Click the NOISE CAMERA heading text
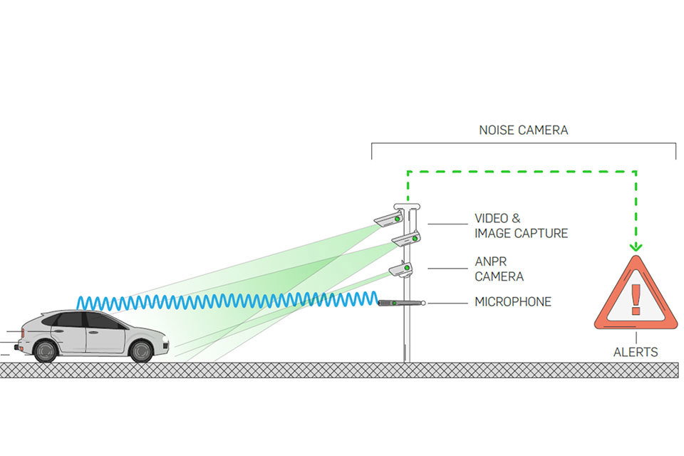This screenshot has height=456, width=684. tap(524, 130)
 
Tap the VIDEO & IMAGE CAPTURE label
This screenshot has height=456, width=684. tap(521, 226)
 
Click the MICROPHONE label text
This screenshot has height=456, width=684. tap(513, 302)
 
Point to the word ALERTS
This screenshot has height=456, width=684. tap(636, 352)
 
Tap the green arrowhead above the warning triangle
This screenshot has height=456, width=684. tap(636, 247)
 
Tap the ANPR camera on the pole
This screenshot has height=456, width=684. tap(400, 269)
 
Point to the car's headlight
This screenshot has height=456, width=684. tap(162, 335)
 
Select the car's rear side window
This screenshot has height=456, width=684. tap(70, 320)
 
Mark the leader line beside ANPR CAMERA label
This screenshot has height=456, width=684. tap(447, 269)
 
